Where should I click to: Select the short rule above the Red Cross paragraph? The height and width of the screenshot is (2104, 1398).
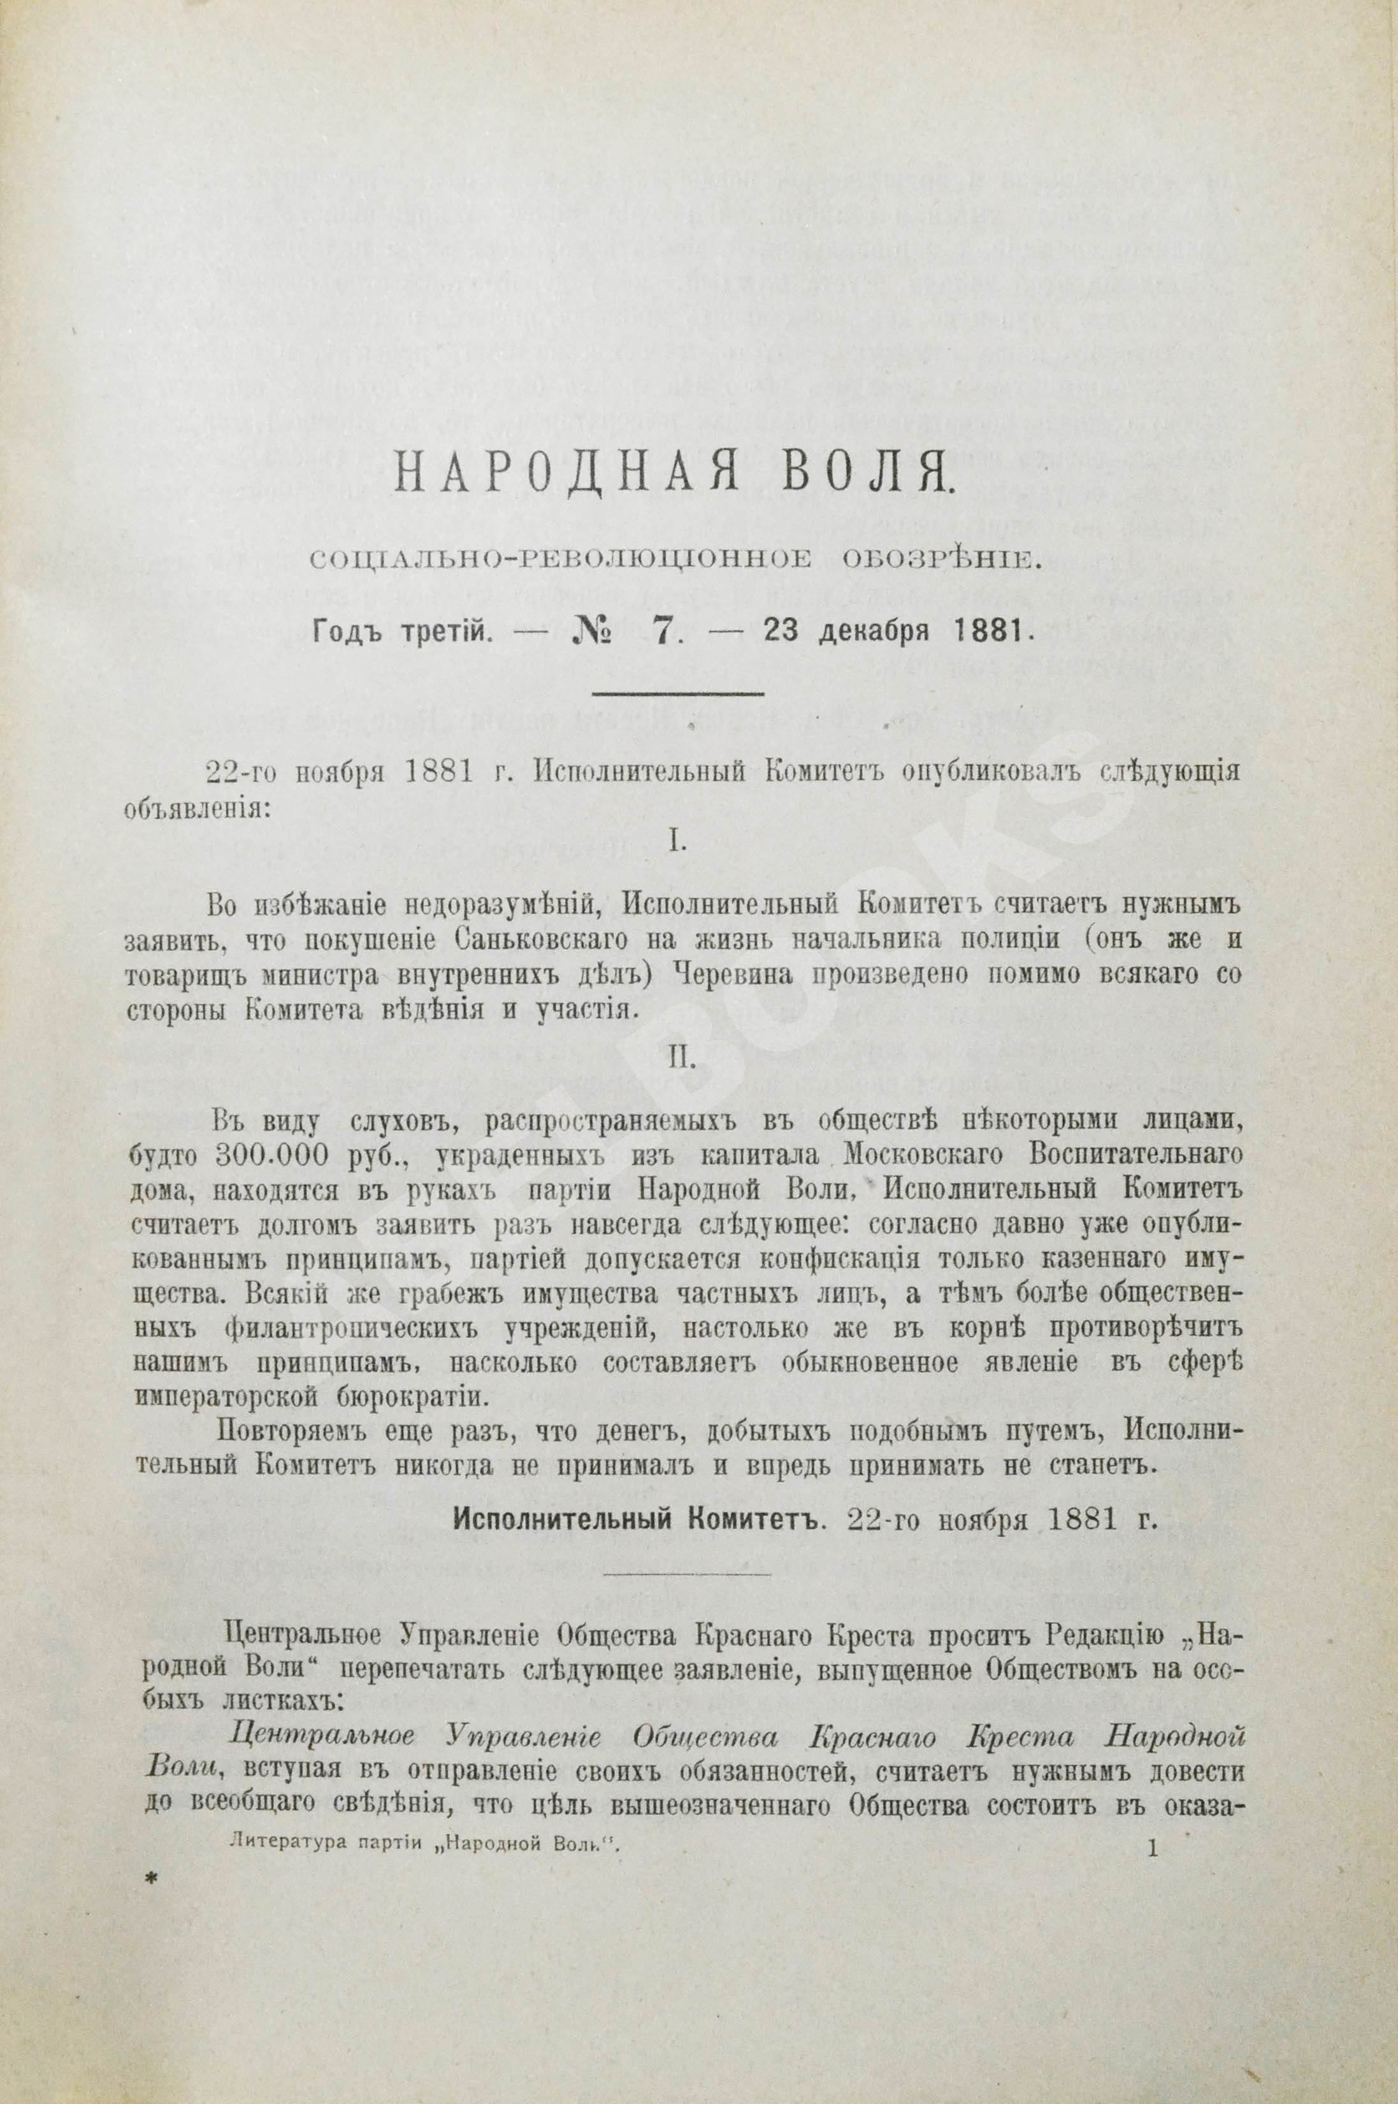[x=688, y=1574]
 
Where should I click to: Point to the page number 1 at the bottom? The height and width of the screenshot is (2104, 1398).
[x=1155, y=1850]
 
